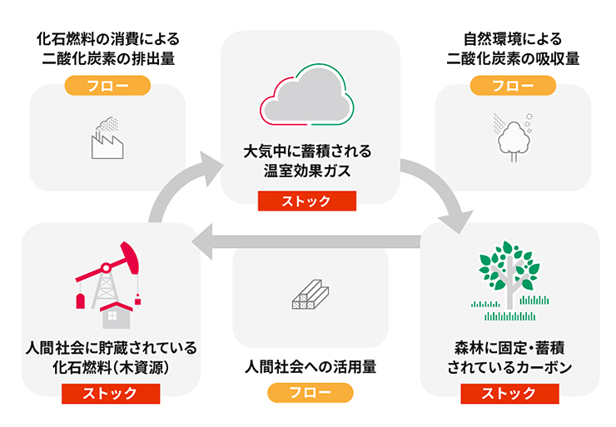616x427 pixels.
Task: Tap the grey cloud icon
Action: [307, 96]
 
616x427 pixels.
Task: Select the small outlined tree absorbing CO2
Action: [514, 138]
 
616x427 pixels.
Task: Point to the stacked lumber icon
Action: [310, 294]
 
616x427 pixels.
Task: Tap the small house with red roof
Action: [117, 315]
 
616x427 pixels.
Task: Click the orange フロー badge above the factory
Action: [107, 86]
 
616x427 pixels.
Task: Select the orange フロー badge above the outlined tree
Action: [513, 86]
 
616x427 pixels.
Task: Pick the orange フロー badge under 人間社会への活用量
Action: [310, 392]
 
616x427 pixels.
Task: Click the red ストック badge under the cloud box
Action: [307, 201]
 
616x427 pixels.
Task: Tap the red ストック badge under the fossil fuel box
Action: [111, 394]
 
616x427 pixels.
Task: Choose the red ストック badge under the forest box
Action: [510, 394]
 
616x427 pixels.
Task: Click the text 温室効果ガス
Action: [307, 171]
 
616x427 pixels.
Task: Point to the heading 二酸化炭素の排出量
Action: [108, 59]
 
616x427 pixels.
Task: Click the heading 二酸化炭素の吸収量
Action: [513, 59]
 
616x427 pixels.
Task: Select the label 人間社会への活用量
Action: [310, 367]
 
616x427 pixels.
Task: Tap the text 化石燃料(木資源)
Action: [111, 368]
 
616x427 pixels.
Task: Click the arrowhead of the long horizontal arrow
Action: [202, 241]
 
